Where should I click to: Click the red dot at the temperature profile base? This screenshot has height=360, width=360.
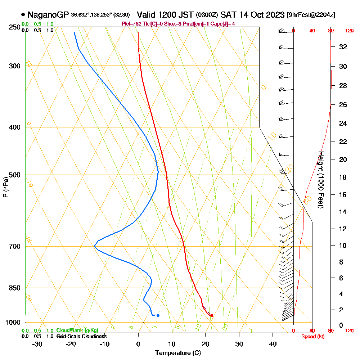tap(212, 315)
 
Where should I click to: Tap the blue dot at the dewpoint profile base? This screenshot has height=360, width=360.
tap(158, 315)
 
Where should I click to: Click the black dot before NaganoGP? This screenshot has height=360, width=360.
tap(23, 15)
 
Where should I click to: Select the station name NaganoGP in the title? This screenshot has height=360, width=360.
tap(48, 15)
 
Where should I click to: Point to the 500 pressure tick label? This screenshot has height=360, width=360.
tap(14, 175)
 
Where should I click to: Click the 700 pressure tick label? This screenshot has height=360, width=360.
tap(14, 247)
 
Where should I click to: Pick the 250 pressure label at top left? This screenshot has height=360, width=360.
tap(14, 27)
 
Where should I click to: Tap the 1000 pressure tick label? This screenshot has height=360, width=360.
tap(13, 323)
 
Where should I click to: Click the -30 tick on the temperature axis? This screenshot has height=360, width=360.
tap(37, 344)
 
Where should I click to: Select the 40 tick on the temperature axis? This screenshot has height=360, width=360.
tap(273, 344)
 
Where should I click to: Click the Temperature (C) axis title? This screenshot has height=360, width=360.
tap(178, 353)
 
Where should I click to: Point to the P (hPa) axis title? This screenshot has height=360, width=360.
tap(5, 187)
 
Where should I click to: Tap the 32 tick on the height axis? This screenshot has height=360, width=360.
tap(343, 47)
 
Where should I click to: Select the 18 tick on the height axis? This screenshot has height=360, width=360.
tap(343, 177)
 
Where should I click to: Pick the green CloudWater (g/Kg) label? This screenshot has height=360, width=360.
tap(77, 330)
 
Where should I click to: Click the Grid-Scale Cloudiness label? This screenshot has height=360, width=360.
tap(81, 336)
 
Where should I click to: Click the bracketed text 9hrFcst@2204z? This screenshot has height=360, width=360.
tap(311, 15)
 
